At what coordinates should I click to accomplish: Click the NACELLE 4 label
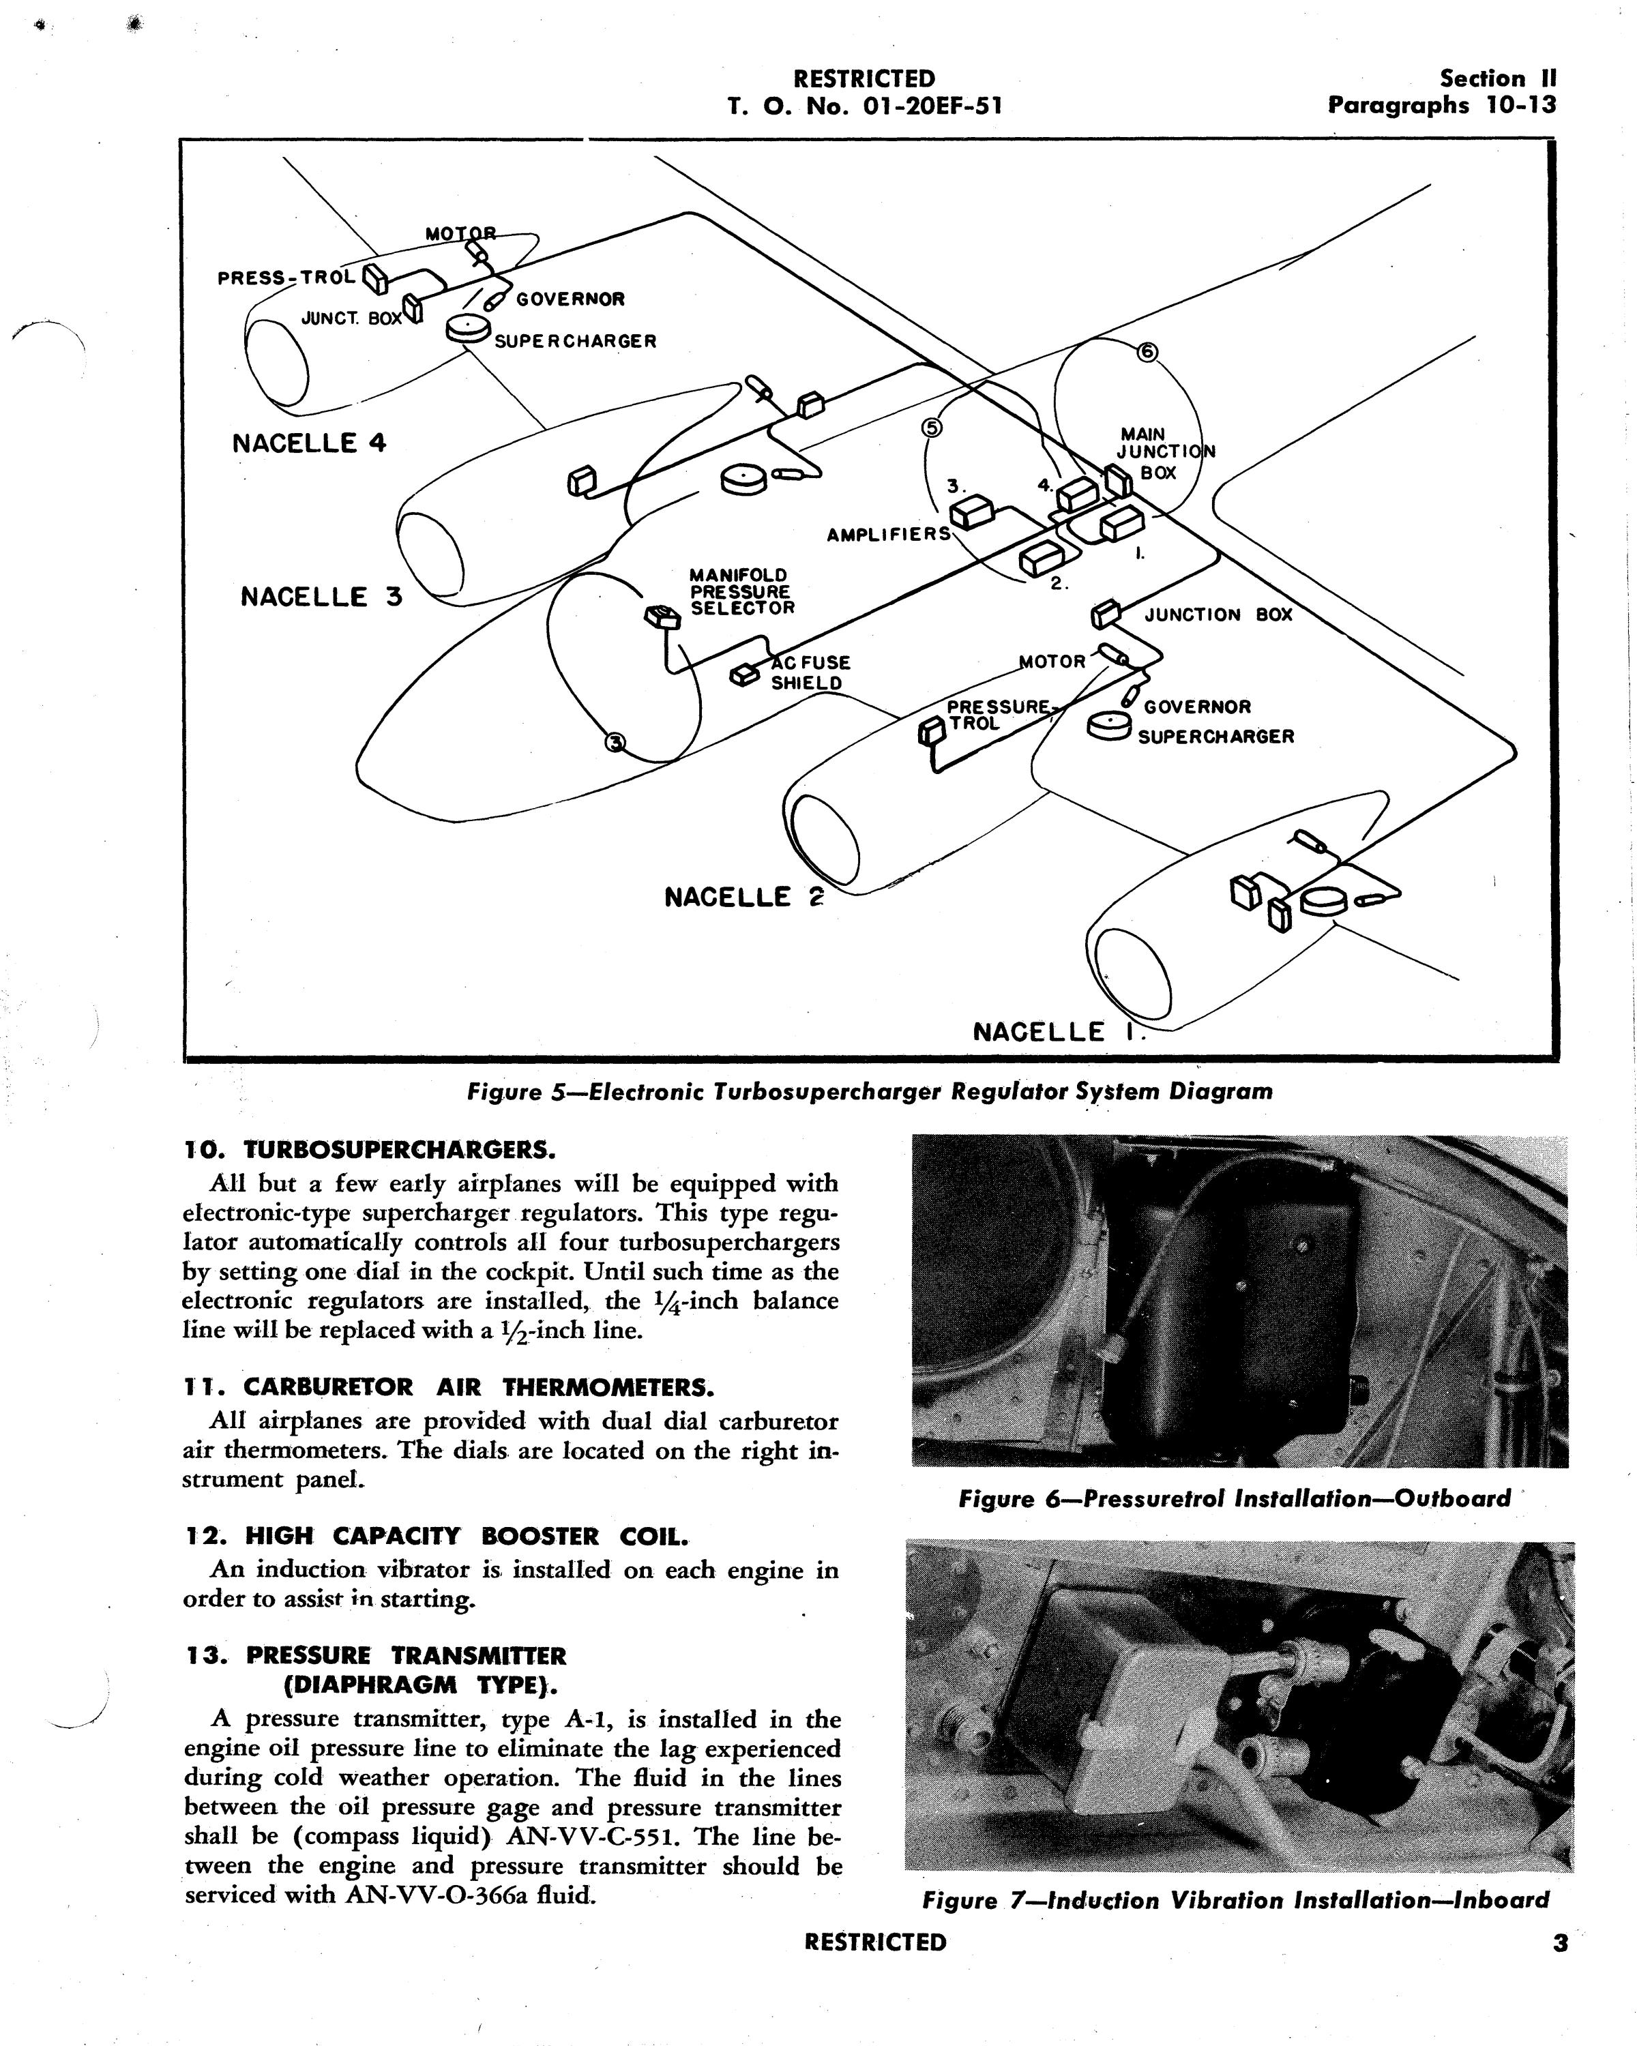pyautogui.click(x=310, y=443)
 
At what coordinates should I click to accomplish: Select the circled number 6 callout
pyautogui.click(x=1147, y=352)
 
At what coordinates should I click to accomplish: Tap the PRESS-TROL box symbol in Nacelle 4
pyautogui.click(x=374, y=279)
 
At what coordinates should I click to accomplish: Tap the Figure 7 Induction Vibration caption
pyautogui.click(x=1235, y=1901)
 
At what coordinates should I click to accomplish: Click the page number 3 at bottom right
pyautogui.click(x=1559, y=1942)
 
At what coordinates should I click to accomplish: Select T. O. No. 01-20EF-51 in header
pyautogui.click(x=864, y=105)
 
